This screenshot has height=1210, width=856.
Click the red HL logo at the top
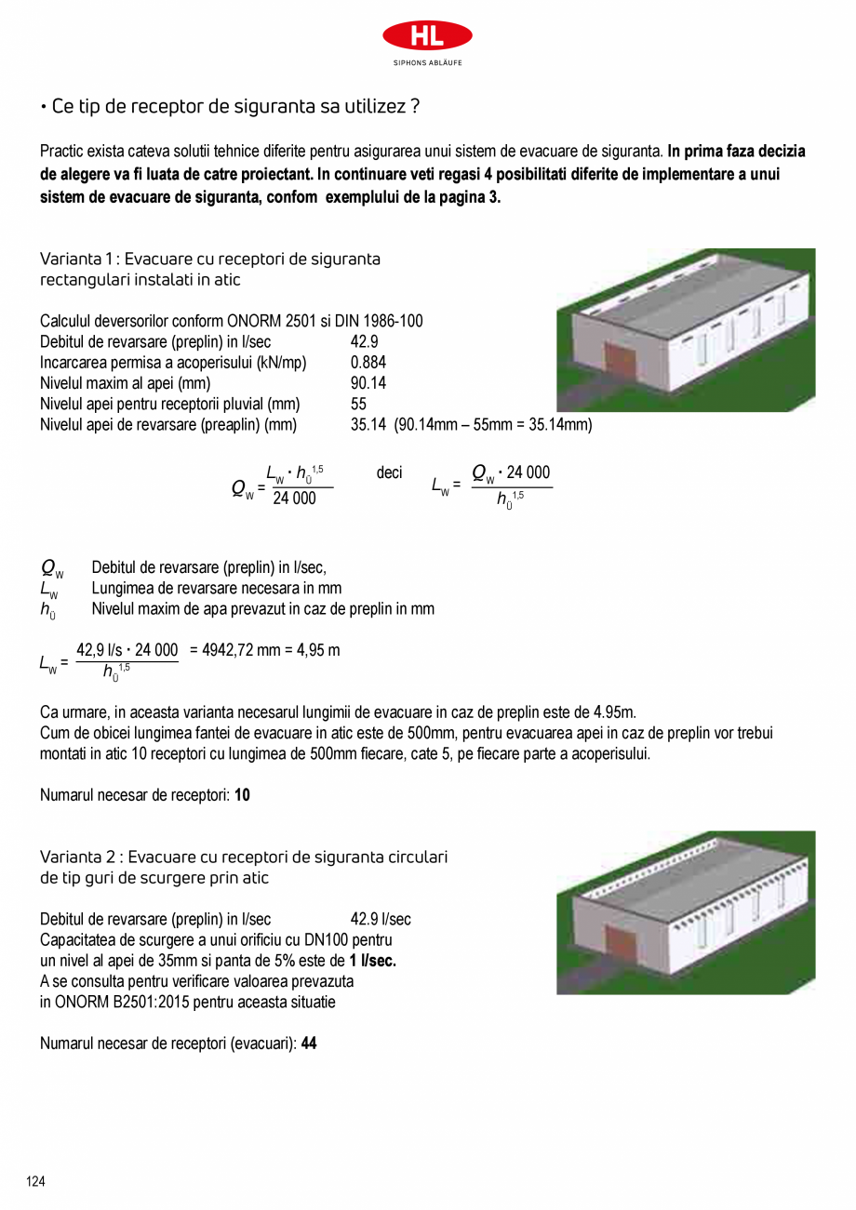(427, 37)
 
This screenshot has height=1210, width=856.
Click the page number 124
(35, 1181)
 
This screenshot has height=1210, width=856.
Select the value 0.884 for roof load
(368, 363)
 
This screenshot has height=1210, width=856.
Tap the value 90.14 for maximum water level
(368, 383)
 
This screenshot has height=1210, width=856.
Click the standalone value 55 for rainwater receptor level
(358, 404)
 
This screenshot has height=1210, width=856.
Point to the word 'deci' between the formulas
(389, 473)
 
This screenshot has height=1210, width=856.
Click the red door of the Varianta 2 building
(620, 942)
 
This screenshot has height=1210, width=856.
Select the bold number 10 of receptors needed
(242, 795)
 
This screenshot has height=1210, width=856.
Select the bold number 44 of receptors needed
(309, 1044)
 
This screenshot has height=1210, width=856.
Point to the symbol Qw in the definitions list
(51, 568)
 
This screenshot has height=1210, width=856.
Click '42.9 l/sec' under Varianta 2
(381, 919)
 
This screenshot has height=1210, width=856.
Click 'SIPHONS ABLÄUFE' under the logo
(427, 63)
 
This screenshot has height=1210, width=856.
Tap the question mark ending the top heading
(414, 107)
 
